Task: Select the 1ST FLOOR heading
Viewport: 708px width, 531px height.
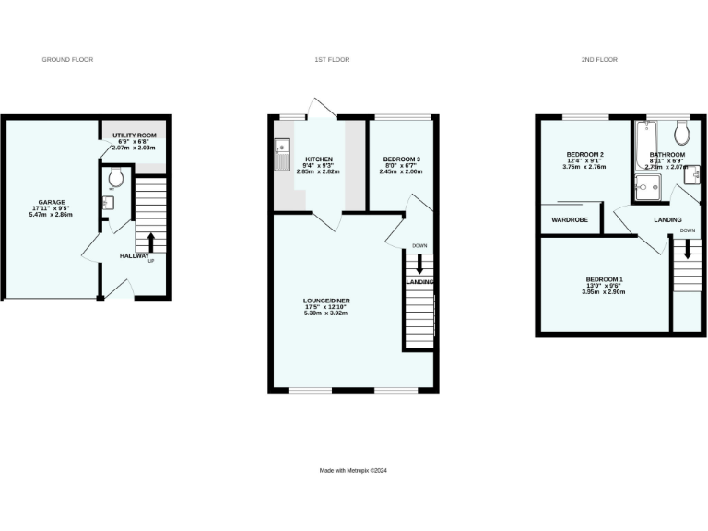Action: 332,59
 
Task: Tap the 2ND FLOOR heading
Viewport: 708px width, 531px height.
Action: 599,59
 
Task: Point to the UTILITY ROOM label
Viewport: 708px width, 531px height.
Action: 134,136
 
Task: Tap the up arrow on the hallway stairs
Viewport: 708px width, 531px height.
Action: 151,242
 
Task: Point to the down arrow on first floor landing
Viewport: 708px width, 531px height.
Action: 419,263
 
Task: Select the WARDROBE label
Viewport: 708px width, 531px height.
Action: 570,220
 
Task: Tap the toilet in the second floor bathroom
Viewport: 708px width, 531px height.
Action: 682,128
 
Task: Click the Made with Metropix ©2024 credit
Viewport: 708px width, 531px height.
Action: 353,470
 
